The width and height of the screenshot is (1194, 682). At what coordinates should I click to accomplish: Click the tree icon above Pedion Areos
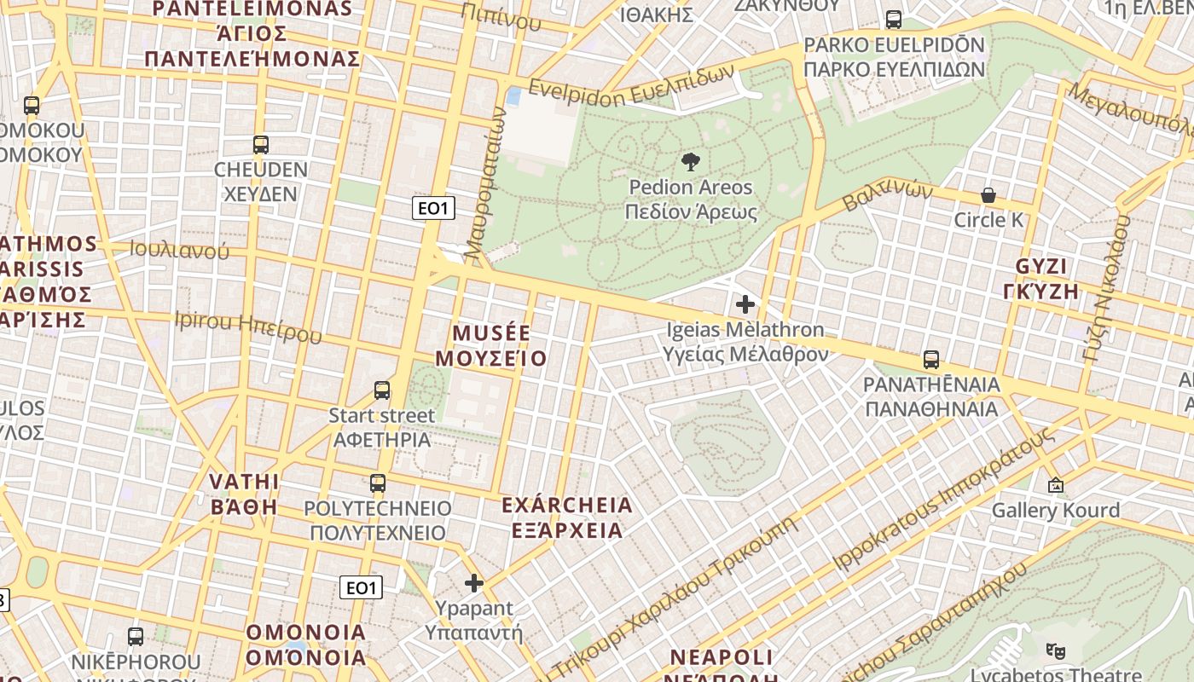pyautogui.click(x=691, y=161)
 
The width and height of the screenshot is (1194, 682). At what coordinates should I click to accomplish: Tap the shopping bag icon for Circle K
pyautogui.click(x=988, y=195)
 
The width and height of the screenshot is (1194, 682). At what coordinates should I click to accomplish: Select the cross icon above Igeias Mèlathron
pyautogui.click(x=745, y=303)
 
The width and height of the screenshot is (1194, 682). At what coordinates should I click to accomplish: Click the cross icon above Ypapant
pyautogui.click(x=474, y=583)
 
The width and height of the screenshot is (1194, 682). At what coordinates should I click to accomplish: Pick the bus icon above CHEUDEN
pyautogui.click(x=261, y=145)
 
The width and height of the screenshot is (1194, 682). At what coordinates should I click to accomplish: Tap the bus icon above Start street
pyautogui.click(x=382, y=390)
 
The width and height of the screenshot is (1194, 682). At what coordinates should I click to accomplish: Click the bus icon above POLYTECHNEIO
pyautogui.click(x=378, y=483)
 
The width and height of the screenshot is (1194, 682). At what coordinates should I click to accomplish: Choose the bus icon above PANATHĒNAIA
pyautogui.click(x=931, y=360)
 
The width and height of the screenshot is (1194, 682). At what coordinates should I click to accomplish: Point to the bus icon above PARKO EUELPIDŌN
pyautogui.click(x=894, y=20)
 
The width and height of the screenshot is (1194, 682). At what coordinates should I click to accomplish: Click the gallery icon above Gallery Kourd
pyautogui.click(x=1056, y=485)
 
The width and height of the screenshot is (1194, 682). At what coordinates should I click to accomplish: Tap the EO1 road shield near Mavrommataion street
pyautogui.click(x=433, y=208)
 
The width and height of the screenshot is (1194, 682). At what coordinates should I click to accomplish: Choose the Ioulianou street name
pyautogui.click(x=179, y=250)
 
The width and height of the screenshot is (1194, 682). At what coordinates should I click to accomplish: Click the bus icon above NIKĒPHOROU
pyautogui.click(x=136, y=637)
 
